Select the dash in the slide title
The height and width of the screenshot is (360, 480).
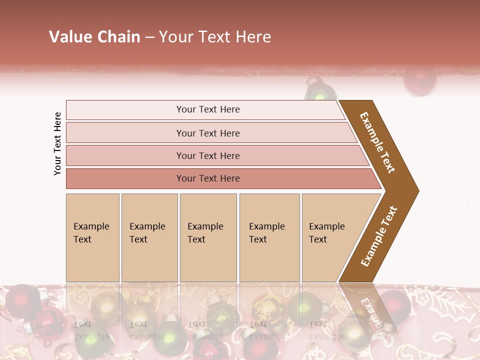(149, 37)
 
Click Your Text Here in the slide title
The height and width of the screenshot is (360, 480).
(215, 37)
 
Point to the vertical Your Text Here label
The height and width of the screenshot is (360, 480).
(57, 143)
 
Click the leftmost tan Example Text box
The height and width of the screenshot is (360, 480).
(92, 237)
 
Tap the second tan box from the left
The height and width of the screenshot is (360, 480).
(149, 237)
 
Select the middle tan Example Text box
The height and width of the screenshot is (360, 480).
(208, 237)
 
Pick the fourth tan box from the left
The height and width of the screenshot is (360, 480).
(269, 237)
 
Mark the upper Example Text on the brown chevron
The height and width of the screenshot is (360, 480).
(377, 142)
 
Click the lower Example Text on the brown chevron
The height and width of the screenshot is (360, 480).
(379, 236)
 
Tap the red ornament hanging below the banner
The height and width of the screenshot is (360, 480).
(420, 80)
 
